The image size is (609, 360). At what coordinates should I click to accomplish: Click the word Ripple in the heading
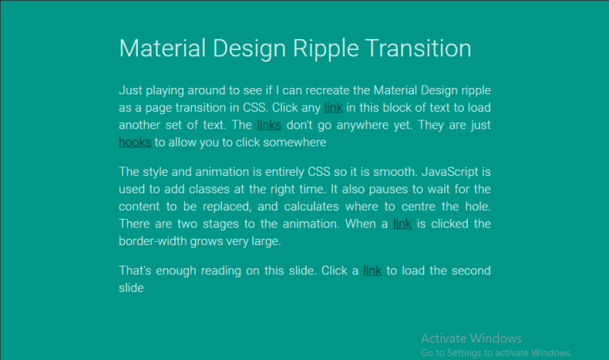point(322,48)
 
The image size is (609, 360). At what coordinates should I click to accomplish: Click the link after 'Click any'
point(333,107)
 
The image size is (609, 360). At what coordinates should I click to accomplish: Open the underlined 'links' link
point(269,125)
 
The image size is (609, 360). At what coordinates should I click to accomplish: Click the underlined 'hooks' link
point(135,143)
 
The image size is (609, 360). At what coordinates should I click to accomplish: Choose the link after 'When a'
point(402,224)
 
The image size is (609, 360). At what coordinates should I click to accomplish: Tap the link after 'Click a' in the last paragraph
point(373,270)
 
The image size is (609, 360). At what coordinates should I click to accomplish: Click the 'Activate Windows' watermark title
point(471,339)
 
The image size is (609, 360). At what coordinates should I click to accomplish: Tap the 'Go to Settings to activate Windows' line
point(496,352)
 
